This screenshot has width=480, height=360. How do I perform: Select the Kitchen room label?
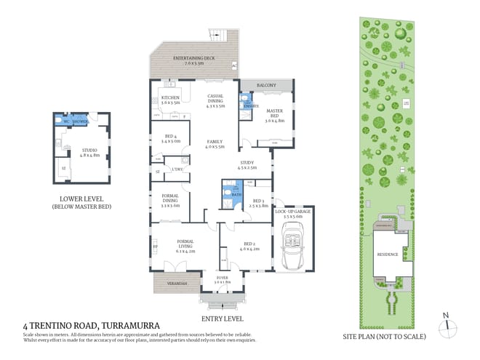coord(170,99)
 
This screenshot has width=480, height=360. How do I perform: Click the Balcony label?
coord(266,86)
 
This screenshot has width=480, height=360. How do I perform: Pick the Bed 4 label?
coord(169,138)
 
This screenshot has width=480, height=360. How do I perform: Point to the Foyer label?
coord(223,278)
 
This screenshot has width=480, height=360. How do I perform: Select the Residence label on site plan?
coord(387,255)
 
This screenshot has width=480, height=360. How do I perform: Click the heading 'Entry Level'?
coord(223,318)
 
